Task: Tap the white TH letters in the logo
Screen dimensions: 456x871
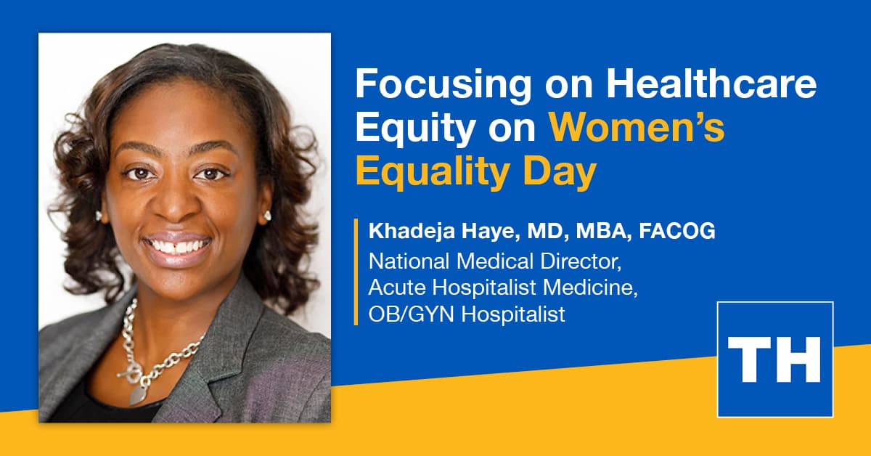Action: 774,359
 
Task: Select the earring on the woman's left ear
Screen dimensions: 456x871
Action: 267,215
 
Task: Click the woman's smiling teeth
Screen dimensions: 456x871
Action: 176,246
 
